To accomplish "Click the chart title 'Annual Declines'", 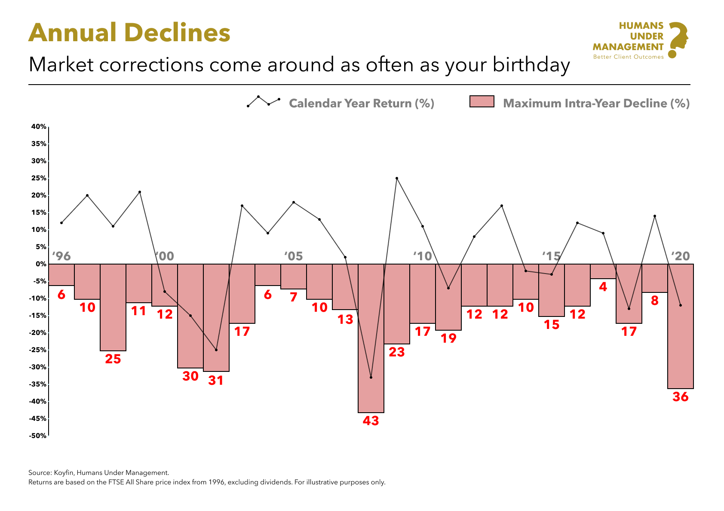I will [129, 33].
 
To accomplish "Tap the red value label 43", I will [371, 421].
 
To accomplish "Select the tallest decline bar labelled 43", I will [371, 339].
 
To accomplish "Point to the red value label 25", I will [113, 359].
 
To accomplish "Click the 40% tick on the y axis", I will [38, 127].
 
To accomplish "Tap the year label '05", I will [293, 256].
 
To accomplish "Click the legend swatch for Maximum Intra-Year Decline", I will [482, 102].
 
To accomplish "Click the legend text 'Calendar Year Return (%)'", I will [361, 103].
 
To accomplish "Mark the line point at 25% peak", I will [396, 178].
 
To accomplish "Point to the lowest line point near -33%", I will [371, 377].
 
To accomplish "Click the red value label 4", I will [603, 287].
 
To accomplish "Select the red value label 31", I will [216, 380].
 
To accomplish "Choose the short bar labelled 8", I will [654, 278].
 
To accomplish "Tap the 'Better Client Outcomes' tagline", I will [628, 57].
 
